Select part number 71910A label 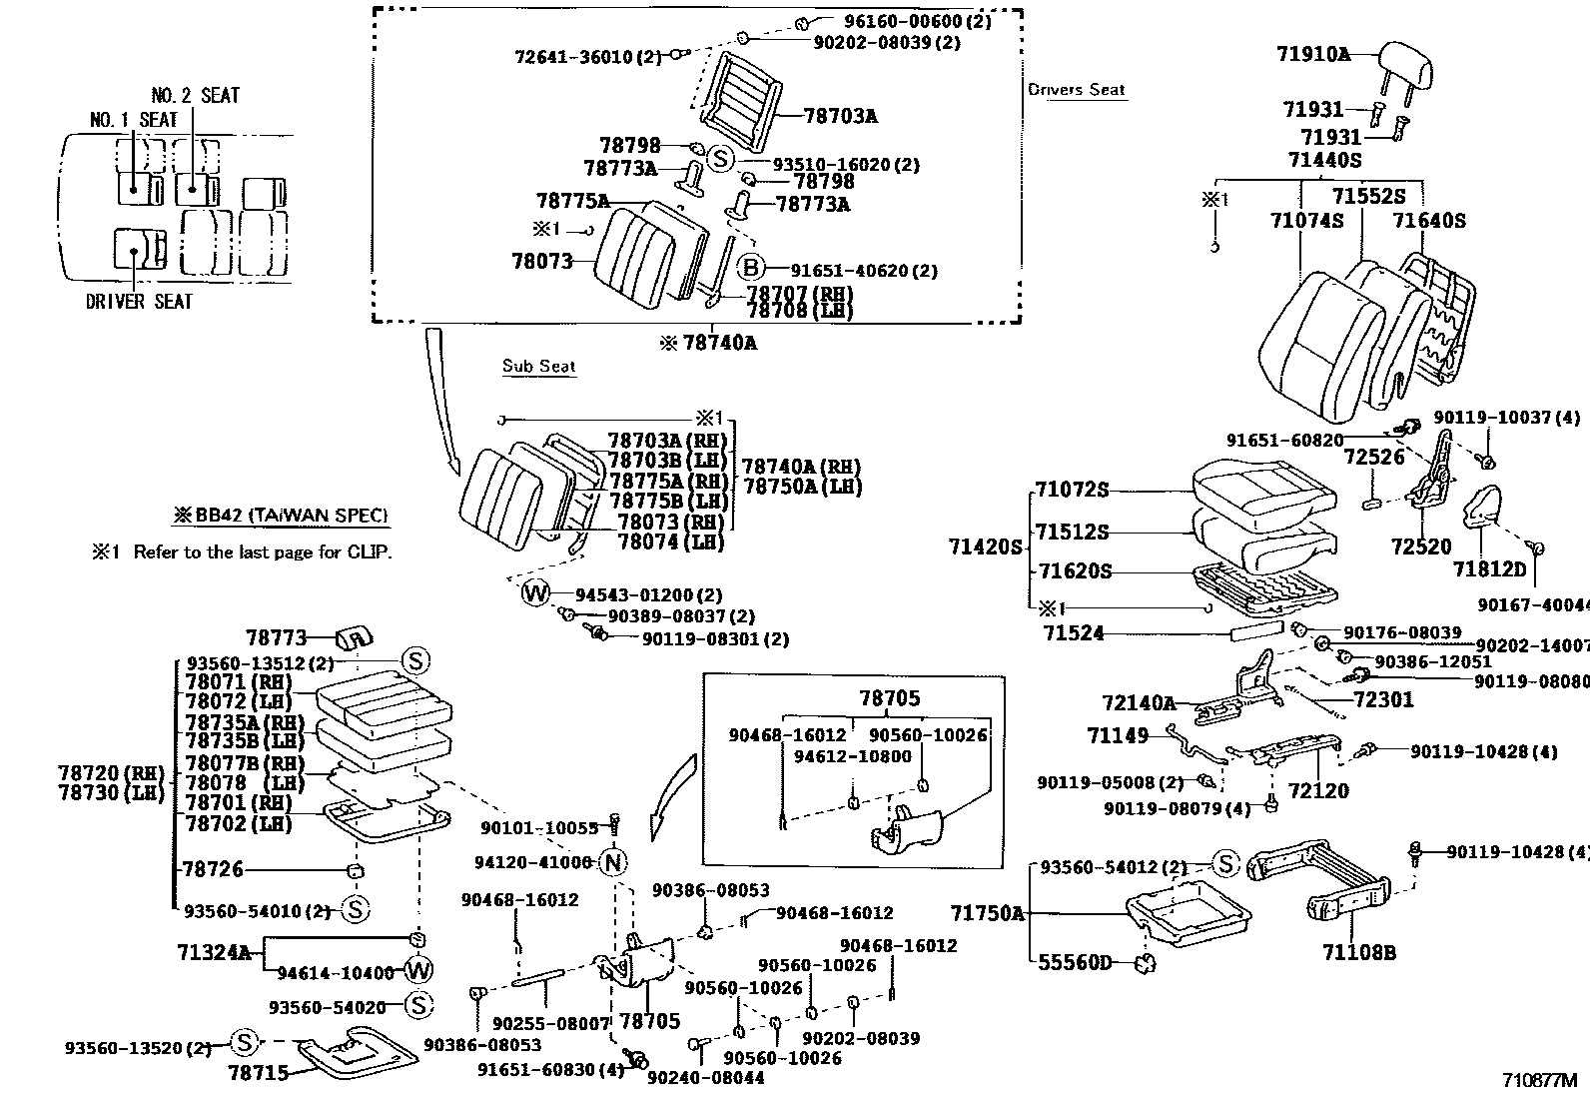tap(1312, 54)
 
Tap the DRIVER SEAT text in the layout tap(139, 301)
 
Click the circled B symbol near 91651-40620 tap(751, 269)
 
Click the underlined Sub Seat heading tap(539, 367)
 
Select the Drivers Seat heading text tap(1077, 90)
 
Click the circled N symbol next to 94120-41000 tap(613, 861)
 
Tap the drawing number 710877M tap(1539, 1080)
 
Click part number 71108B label tap(1359, 953)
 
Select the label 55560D tap(1075, 962)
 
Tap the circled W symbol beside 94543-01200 tap(535, 594)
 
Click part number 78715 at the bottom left tap(258, 1072)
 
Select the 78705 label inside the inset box tap(890, 698)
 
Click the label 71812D tap(1489, 569)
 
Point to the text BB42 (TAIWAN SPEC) tap(282, 517)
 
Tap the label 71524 tap(1074, 633)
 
